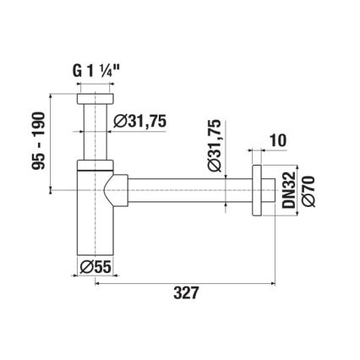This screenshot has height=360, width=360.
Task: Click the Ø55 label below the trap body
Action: point(92,266)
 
